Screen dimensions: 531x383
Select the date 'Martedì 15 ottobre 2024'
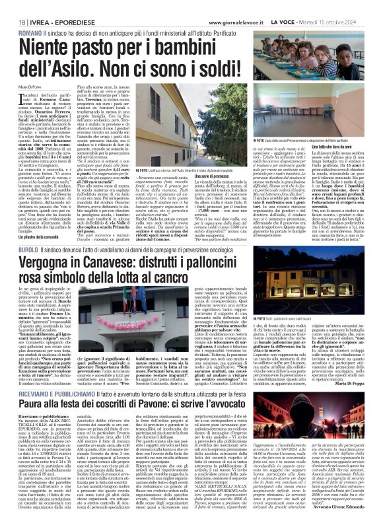pyautogui.click(x=343, y=5)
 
